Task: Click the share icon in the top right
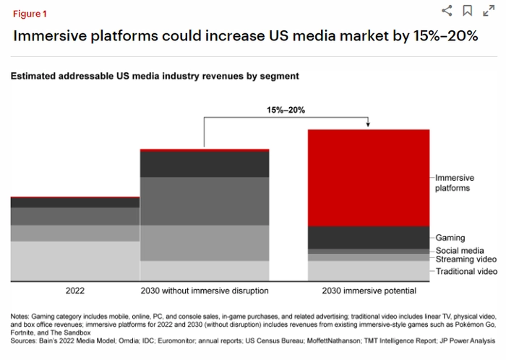click(x=447, y=10)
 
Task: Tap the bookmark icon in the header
click(x=468, y=10)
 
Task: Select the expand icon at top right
click(x=489, y=10)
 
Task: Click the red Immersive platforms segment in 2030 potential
click(x=369, y=178)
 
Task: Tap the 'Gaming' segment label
click(x=450, y=238)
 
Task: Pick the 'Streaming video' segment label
click(x=466, y=259)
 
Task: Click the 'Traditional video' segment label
click(x=466, y=271)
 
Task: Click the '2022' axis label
click(x=74, y=291)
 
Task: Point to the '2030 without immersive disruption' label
click(x=205, y=291)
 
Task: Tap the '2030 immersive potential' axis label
click(x=369, y=291)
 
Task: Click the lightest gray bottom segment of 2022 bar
click(x=74, y=260)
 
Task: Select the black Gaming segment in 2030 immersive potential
click(x=369, y=237)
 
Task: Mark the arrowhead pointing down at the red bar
click(x=369, y=126)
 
